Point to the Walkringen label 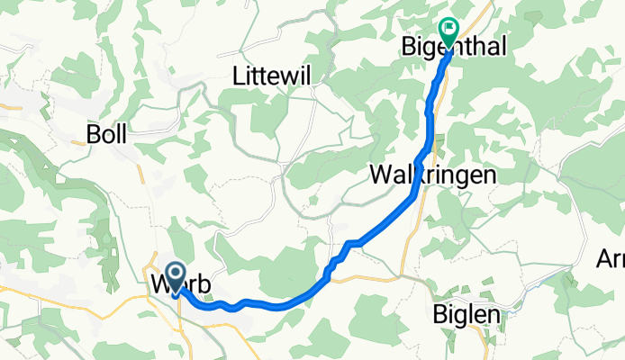click(432, 175)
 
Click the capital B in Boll click(92, 135)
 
